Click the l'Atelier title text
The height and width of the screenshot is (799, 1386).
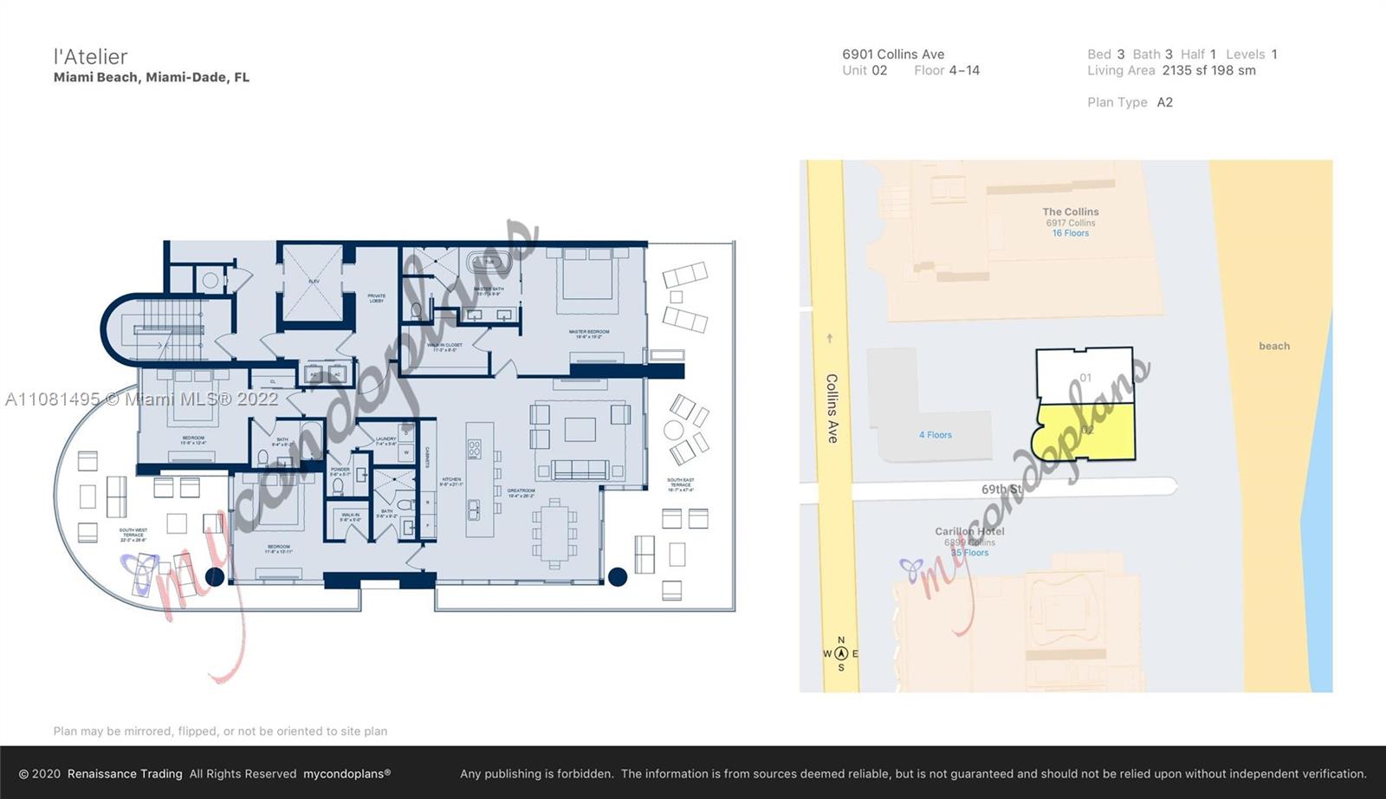(x=90, y=57)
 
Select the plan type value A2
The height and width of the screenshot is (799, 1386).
(x=1164, y=102)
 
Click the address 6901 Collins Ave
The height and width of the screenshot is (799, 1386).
(x=893, y=54)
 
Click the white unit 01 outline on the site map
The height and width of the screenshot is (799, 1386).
(x=1085, y=374)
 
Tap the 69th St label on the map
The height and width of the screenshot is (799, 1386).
(x=1001, y=490)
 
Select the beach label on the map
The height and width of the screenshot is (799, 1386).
(x=1273, y=346)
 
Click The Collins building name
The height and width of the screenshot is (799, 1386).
(x=1070, y=211)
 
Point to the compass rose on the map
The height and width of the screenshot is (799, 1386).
(x=840, y=654)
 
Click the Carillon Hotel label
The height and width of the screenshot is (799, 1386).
(x=968, y=531)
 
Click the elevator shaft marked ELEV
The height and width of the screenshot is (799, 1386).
(x=314, y=282)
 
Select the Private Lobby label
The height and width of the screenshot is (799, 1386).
(x=376, y=298)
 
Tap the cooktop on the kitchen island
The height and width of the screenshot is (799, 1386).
(x=475, y=449)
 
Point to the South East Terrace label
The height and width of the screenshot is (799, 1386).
(x=680, y=484)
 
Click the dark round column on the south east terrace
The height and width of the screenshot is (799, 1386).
(x=618, y=576)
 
